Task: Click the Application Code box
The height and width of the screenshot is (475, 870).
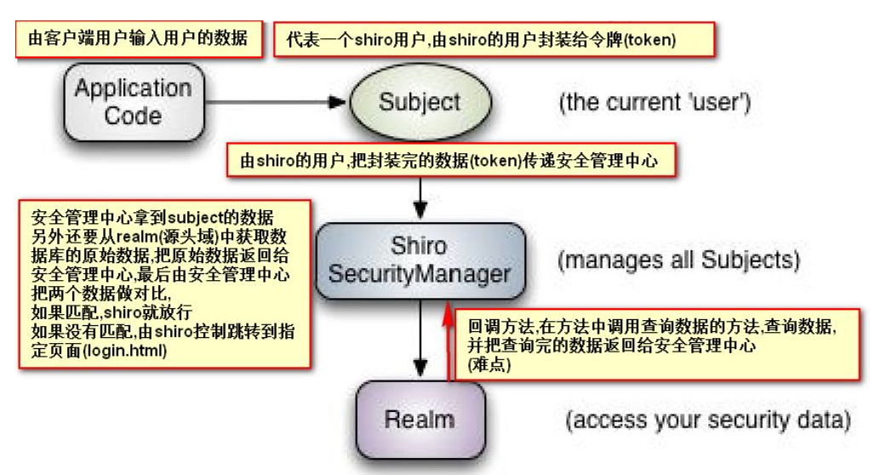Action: coord(132,101)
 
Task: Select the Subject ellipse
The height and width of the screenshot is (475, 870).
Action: coord(419,102)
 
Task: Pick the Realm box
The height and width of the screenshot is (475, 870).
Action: coord(419,418)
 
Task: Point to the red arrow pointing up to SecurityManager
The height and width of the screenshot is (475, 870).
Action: coord(450,349)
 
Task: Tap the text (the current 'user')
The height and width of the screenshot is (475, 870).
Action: coord(654,103)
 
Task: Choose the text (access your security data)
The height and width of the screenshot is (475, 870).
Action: coord(708,420)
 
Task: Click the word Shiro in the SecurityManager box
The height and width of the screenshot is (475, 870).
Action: coord(419,246)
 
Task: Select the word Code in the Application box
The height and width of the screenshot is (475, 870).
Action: coord(133,115)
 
